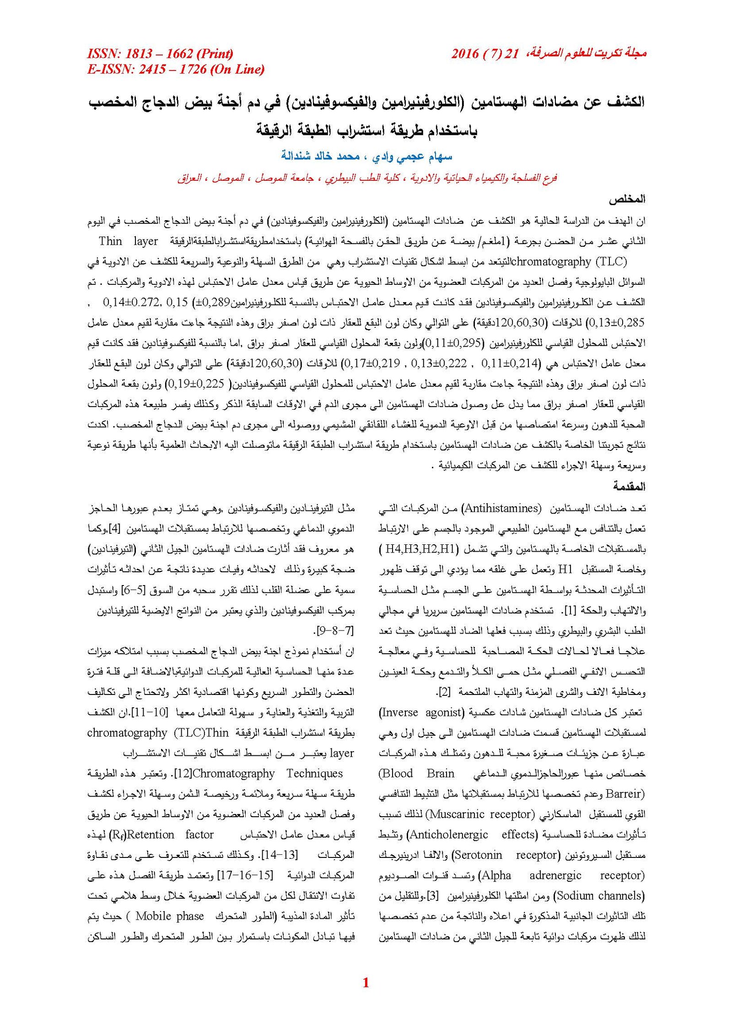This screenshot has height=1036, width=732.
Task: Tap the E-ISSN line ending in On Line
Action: [176, 69]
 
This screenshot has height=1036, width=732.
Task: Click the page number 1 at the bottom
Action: [365, 982]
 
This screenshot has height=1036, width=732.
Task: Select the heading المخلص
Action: [627, 200]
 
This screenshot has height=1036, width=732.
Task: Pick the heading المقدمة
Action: [629, 486]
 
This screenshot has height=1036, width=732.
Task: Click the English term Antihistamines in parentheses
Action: [501, 508]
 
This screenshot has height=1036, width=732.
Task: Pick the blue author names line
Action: [366, 157]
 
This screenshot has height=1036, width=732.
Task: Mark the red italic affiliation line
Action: [366, 178]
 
